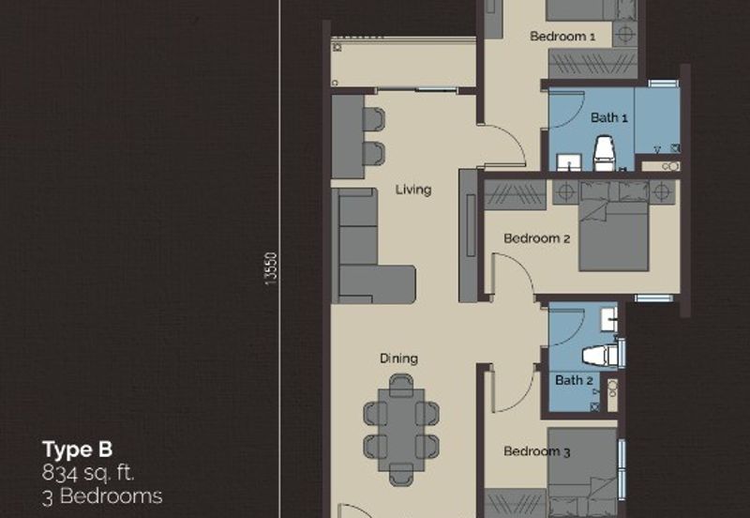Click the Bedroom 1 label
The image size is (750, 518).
click(562, 37)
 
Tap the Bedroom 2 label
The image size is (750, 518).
click(536, 238)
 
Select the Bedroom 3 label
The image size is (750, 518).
click(536, 451)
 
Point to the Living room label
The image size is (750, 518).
click(413, 190)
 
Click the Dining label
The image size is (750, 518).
click(399, 358)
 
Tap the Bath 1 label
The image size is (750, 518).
click(608, 118)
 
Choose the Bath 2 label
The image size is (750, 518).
click(574, 381)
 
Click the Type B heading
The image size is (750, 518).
click(78, 449)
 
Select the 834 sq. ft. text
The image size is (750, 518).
click(88, 473)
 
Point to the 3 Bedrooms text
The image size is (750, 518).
click(102, 496)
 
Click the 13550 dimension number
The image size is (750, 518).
click(271, 269)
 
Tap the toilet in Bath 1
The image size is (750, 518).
click(604, 153)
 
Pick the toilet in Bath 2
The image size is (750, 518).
click(600, 356)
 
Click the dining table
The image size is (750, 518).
click(401, 430)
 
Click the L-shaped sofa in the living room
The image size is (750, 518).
click(372, 246)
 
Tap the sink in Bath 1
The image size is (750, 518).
click(569, 162)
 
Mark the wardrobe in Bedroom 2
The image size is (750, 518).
click(515, 195)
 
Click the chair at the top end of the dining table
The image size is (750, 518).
click(401, 386)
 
